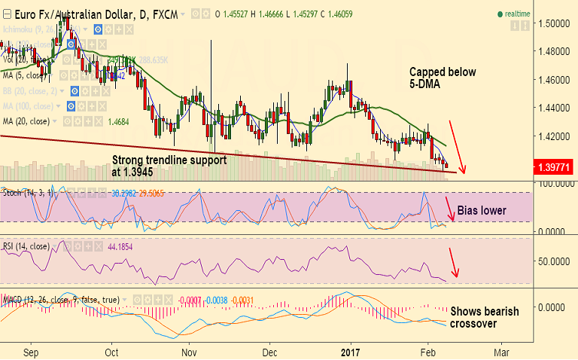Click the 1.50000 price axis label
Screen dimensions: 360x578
(x=554, y=23)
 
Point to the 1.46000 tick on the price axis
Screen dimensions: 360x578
(x=554, y=79)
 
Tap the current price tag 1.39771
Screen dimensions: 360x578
(x=554, y=166)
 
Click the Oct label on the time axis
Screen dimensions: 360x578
(x=111, y=352)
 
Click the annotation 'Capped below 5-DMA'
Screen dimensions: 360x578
(x=434, y=78)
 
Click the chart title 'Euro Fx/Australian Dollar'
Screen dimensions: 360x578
(x=68, y=14)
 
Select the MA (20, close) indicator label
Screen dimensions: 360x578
(x=28, y=121)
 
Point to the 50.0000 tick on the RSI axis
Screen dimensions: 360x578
(x=554, y=260)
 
